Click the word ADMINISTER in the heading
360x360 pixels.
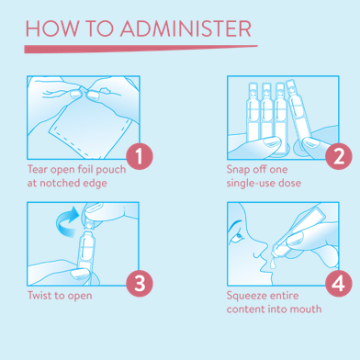pos(186,28)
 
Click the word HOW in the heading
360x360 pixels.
pos(51,28)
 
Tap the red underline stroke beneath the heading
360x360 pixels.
pos(141,49)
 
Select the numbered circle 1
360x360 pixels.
pos(140,156)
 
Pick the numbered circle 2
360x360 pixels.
pos(339,156)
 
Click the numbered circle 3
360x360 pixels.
pos(140,283)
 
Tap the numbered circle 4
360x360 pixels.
pos(339,283)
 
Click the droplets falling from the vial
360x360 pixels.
pos(273,264)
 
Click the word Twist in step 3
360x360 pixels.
pos(39,296)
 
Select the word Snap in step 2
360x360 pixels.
pos(237,170)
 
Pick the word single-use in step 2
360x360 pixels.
pos(248,183)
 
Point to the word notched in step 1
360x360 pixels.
pos(59,183)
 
